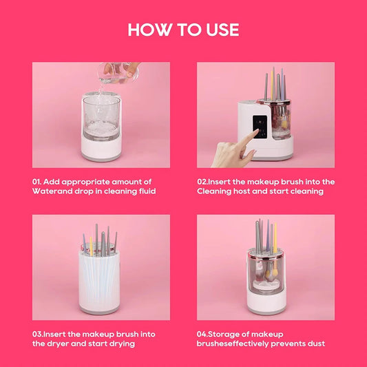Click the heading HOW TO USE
pos(183,30)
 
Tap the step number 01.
pos(37,182)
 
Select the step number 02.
pos(203,182)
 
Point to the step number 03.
pos(38,334)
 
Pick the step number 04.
pos(204,334)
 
